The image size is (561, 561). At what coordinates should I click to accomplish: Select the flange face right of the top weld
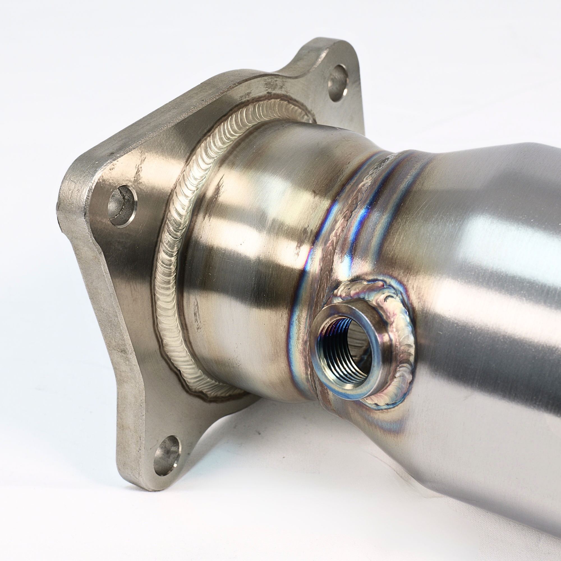[328, 122]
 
